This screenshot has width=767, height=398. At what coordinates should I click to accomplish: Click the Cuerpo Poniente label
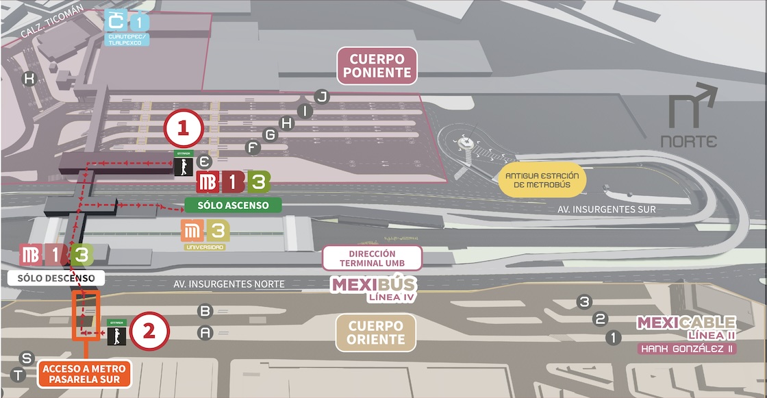tap(377, 66)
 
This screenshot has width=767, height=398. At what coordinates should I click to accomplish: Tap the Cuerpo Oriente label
tap(375, 332)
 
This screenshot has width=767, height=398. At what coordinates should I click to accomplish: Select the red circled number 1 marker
tap(183, 128)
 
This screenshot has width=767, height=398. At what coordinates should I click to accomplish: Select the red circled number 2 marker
tap(149, 332)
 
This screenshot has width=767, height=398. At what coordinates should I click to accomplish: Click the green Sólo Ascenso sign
tap(233, 205)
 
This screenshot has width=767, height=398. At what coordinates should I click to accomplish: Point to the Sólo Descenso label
tap(56, 278)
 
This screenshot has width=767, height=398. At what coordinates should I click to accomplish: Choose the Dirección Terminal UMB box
tap(372, 258)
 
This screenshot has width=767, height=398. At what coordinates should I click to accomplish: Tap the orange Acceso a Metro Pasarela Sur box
tap(84, 374)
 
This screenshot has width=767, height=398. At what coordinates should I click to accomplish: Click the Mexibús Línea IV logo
tap(373, 288)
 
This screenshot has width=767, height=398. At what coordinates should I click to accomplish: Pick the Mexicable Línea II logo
tap(686, 327)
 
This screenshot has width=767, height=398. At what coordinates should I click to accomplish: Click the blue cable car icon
tap(116, 23)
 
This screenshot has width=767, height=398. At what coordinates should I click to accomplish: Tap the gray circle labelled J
tap(322, 96)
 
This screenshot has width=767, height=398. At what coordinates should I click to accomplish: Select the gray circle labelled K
tap(29, 79)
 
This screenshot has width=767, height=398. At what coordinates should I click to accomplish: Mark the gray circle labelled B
tap(205, 311)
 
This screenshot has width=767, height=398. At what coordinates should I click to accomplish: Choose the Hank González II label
tap(687, 349)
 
